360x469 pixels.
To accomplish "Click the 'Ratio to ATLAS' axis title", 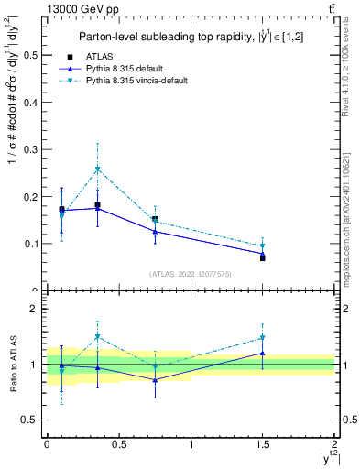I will coord(12,365).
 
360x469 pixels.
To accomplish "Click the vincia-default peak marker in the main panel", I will coord(97,169).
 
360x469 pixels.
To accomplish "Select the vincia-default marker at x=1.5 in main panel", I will coord(262,245).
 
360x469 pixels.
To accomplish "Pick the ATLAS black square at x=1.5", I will coord(262,257).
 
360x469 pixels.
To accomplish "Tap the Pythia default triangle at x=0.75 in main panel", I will coord(155,232).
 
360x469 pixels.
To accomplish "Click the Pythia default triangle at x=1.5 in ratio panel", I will coord(262,353).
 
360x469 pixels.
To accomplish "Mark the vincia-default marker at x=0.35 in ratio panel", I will coord(97,337).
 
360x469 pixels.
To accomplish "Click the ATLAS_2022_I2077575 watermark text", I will coord(191,273).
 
